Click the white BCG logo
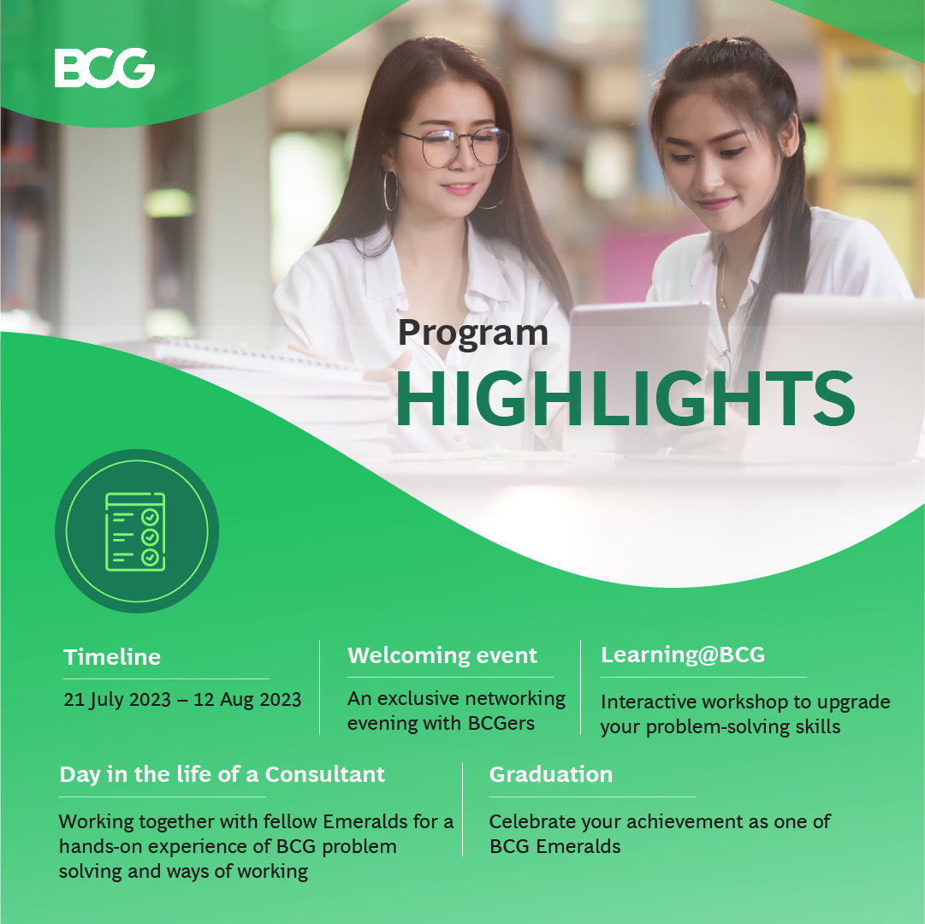click(104, 68)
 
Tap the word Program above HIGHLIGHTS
click(473, 334)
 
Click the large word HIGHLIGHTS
click(626, 399)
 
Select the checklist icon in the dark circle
click(135, 532)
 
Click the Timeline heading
click(112, 657)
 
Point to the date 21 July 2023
click(117, 699)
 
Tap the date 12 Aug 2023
click(247, 699)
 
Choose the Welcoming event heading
click(442, 655)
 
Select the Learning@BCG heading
click(683, 654)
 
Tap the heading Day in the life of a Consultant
click(222, 774)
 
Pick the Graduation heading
click(551, 774)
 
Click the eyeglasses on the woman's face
click(455, 146)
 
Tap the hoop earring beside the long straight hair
click(390, 190)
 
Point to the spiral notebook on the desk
click(253, 359)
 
